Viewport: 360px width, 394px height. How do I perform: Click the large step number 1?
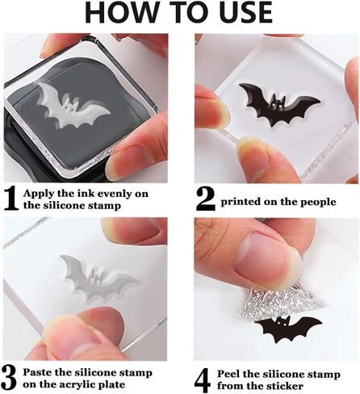11,198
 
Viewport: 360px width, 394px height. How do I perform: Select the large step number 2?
204,198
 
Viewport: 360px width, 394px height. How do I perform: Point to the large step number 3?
11,376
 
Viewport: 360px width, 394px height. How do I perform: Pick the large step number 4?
204,376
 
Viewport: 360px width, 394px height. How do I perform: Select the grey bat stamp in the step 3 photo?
96,279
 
